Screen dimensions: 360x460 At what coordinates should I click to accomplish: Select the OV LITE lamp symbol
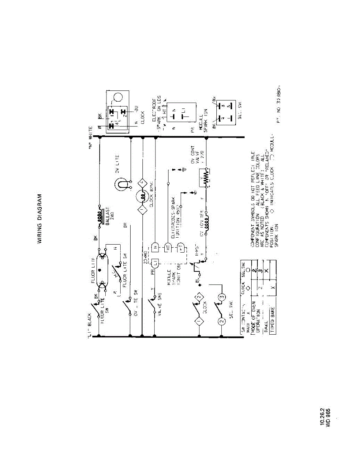tap(123, 184)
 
